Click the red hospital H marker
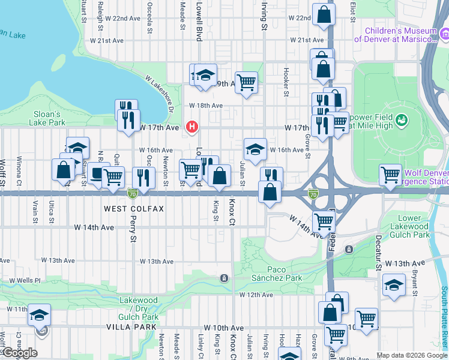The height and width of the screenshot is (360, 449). click(192, 127)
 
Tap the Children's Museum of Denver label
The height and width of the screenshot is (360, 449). click(396, 35)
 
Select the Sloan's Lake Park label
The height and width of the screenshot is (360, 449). click(46, 118)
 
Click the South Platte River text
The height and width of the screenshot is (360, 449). click(444, 318)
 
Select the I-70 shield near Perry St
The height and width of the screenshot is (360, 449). click(132, 193)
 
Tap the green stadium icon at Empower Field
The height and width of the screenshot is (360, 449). click(402, 119)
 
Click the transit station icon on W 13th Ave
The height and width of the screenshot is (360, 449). click(224, 278)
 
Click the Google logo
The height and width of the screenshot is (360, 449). click(19, 353)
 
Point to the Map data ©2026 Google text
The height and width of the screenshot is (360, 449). click(411, 355)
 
